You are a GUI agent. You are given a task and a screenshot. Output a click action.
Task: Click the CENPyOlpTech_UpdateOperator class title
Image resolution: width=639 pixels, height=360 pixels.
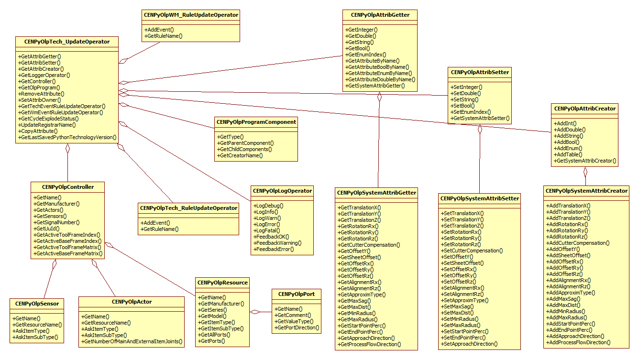[67, 42]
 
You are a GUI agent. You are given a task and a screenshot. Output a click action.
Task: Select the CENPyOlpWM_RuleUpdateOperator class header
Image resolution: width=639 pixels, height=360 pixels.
[191, 15]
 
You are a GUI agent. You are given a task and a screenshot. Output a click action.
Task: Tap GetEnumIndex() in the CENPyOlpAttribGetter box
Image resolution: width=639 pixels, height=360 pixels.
[366, 55]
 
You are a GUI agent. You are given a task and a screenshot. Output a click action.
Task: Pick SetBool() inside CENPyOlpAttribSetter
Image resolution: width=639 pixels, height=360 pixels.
[463, 106]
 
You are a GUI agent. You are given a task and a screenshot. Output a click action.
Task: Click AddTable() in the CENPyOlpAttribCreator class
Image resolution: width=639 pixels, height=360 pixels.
[568, 154]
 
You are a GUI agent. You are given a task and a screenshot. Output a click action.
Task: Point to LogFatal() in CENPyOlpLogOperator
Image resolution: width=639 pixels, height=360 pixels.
[267, 230]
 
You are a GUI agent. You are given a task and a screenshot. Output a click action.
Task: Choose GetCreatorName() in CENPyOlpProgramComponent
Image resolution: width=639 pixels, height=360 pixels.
[240, 155]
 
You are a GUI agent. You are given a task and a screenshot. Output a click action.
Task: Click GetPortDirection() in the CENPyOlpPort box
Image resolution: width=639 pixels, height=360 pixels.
[296, 327]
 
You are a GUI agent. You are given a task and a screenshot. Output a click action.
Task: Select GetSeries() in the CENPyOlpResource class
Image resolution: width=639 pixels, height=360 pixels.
[213, 310]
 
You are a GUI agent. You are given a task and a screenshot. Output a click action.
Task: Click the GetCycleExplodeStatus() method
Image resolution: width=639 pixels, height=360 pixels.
[48, 118]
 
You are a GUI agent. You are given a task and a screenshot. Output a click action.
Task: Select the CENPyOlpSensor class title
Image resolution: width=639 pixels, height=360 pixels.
[37, 303]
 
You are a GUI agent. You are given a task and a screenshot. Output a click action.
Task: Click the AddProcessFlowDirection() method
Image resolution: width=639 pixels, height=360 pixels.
[579, 342]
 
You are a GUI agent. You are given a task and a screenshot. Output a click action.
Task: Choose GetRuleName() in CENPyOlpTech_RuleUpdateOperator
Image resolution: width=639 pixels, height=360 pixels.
[159, 229]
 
